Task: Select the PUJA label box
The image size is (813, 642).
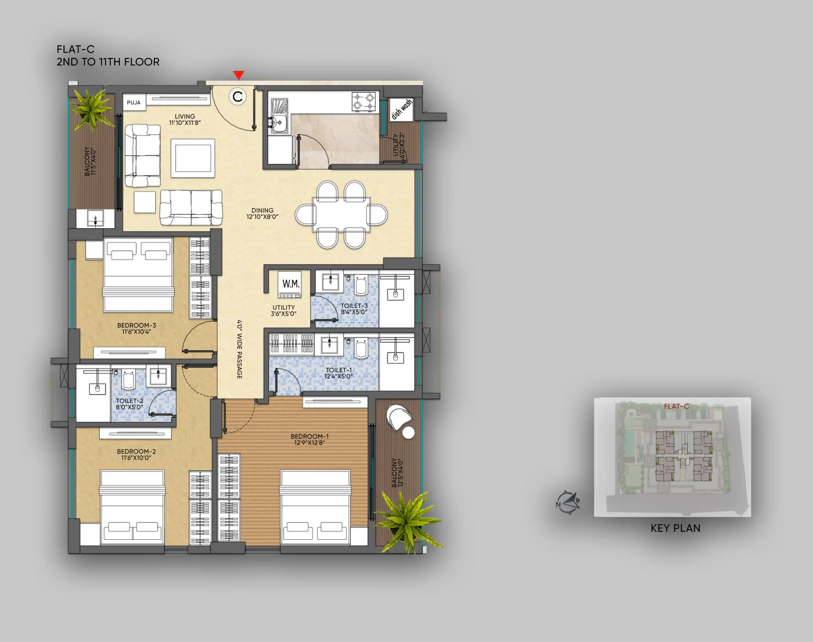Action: (134, 102)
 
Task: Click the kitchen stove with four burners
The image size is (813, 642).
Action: (364, 101)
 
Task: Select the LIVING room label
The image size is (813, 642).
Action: (185, 117)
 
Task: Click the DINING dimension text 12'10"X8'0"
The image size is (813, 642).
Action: (262, 217)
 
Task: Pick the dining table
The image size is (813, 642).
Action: (341, 215)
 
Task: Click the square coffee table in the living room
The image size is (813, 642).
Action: (193, 158)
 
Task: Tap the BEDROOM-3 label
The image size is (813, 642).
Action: (136, 325)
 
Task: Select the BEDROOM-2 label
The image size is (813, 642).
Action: (136, 451)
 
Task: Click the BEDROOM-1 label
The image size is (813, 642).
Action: (310, 436)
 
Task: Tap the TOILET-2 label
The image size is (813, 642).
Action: (130, 401)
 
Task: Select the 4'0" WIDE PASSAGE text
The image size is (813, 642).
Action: (240, 349)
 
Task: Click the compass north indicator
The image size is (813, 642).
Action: (568, 503)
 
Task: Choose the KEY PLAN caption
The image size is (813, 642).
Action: (675, 528)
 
